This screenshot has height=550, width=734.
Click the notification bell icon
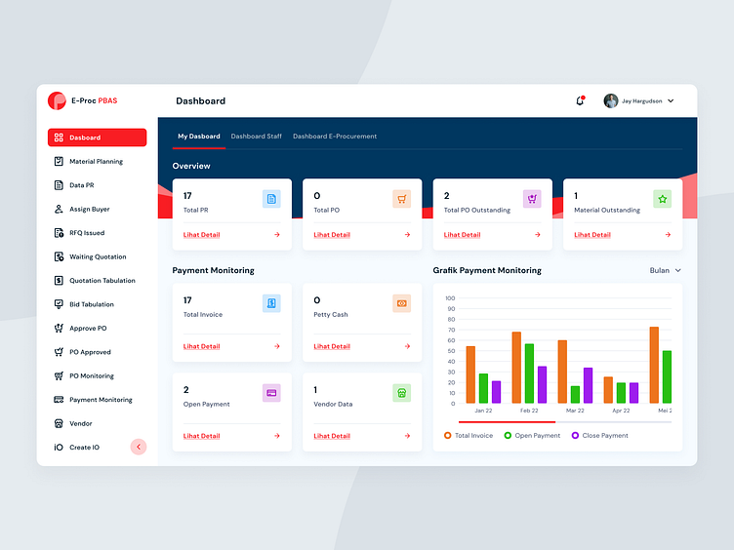[x=580, y=100]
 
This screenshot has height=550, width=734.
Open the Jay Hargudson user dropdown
[x=639, y=100]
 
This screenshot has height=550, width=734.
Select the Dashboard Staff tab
[x=256, y=137]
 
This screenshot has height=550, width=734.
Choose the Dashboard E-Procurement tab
[x=335, y=137]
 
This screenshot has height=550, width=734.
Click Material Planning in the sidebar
[x=96, y=162]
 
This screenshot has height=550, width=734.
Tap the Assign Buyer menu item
[x=89, y=209]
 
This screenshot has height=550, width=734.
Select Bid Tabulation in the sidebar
[x=91, y=304]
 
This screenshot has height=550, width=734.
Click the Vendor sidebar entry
[x=80, y=423]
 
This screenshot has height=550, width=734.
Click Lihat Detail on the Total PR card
[x=202, y=235]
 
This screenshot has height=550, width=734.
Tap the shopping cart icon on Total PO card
[x=401, y=199]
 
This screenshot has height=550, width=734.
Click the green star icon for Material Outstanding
[x=662, y=199]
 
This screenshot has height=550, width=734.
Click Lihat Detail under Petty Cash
[x=332, y=346]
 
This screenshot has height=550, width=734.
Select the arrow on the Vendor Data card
[x=407, y=436]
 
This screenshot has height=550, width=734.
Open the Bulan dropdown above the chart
[x=665, y=270]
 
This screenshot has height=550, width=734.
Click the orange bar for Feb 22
[x=516, y=368]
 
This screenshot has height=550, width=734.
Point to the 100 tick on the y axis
[x=450, y=298]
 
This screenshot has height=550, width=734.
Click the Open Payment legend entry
[x=532, y=436]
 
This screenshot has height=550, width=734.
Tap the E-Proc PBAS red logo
[x=57, y=100]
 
